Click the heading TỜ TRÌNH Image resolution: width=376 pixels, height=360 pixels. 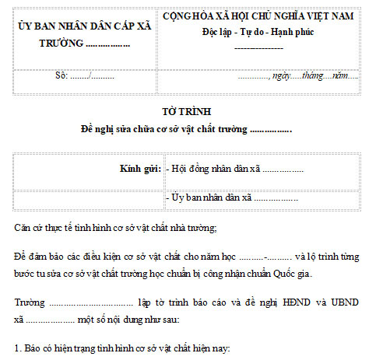coord(187,111)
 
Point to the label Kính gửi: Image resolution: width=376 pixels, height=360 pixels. coord(140,169)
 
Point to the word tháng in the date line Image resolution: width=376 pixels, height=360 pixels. coord(313,76)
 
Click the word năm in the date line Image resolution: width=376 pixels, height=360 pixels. coord(341,76)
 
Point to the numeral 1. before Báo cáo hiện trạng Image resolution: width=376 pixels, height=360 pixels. coord(18,348)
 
